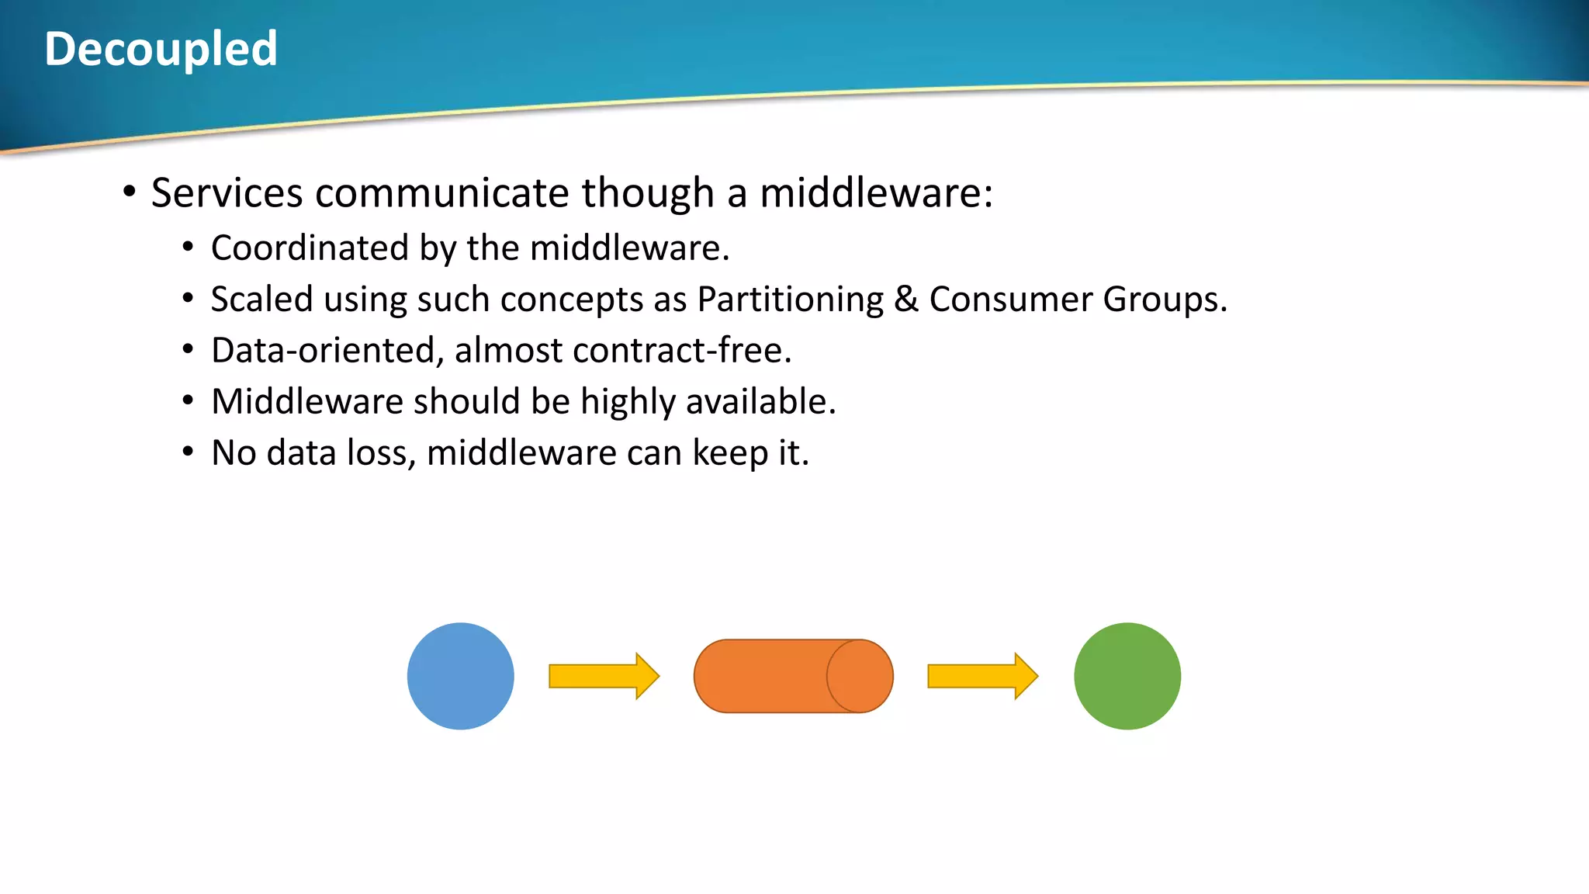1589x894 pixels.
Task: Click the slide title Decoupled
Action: (161, 49)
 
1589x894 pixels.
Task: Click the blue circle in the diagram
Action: (460, 676)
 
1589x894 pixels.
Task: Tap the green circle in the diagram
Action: (1127, 676)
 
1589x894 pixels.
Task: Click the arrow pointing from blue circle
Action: (604, 676)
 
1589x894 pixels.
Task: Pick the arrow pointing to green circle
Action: (982, 676)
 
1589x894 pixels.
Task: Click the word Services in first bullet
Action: (227, 192)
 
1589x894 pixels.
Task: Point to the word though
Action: (648, 192)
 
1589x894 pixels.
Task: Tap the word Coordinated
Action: (310, 248)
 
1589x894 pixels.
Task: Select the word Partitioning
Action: (790, 300)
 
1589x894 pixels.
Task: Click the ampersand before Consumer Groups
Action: (905, 300)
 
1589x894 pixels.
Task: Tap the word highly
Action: (628, 402)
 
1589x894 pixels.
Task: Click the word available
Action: (760, 402)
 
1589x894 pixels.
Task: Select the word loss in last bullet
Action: (381, 453)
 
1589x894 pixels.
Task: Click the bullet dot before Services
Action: (130, 191)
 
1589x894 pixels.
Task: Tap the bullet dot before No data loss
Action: (188, 452)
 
